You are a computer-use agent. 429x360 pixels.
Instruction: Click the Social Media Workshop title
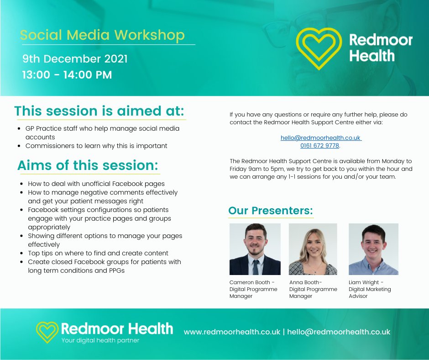[x=103, y=35]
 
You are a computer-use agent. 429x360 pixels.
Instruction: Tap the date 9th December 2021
[x=75, y=59]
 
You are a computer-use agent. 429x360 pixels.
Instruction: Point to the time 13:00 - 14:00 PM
[x=67, y=74]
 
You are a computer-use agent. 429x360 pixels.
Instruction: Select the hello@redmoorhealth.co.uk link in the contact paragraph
[x=320, y=138]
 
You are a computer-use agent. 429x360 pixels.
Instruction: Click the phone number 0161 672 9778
[x=320, y=146]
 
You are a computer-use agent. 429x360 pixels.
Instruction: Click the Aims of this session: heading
[x=88, y=165]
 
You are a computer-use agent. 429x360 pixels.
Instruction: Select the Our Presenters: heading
[x=271, y=211]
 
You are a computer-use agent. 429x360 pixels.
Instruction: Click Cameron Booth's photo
[x=255, y=249]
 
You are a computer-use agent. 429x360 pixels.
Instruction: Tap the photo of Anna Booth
[x=313, y=249]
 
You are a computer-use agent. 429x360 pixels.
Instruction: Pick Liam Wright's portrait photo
[x=373, y=249]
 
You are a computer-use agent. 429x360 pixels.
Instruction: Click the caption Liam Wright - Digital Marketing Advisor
[x=370, y=289]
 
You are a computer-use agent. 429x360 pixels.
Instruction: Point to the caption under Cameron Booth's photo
[x=253, y=289]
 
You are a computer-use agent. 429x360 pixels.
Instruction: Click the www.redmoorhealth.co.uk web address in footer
[x=232, y=332]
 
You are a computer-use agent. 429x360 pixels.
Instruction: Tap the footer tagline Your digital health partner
[x=100, y=340]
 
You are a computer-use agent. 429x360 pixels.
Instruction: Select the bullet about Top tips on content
[x=98, y=253]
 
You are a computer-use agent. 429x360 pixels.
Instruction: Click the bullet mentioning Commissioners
[x=96, y=146]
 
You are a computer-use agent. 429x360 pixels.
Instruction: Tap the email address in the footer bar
[x=339, y=332]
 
